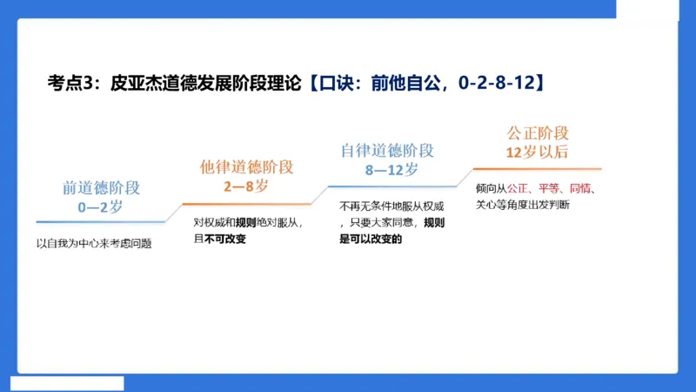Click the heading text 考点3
point(71,83)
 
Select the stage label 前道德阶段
point(100,187)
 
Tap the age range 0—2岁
point(100,206)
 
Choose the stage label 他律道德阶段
point(247,166)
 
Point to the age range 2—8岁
point(247,185)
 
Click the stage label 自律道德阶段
point(388,151)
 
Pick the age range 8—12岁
point(388,169)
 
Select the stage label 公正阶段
point(538,133)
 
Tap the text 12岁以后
point(538,152)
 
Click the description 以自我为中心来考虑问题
point(94,243)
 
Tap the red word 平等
point(549,188)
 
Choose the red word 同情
point(580,188)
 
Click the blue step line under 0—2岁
point(100,220)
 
